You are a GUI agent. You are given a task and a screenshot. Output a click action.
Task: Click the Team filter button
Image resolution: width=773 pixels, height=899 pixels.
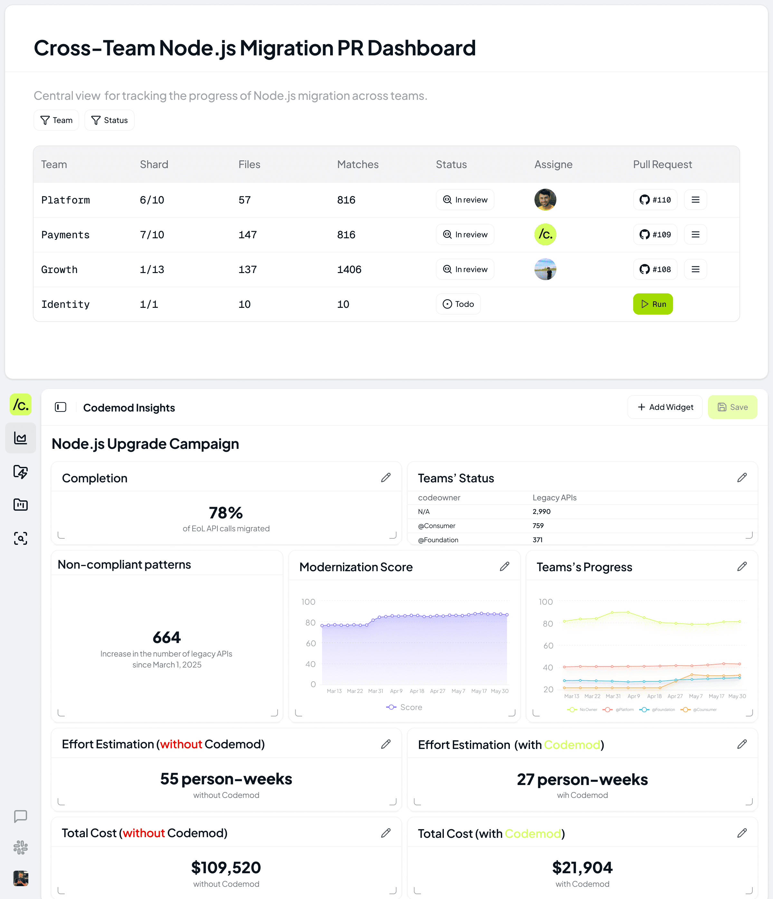[56, 120]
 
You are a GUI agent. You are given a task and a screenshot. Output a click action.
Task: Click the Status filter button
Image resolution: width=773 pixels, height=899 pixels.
[110, 120]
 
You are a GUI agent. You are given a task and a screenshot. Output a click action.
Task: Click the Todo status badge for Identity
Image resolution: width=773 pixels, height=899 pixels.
[458, 304]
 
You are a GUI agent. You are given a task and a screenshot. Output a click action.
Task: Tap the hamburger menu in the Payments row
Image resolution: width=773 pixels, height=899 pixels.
[695, 235]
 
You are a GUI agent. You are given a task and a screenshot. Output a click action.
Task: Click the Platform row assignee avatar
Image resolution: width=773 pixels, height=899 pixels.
[545, 200]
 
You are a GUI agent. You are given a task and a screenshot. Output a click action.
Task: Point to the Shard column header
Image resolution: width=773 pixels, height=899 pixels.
[154, 165]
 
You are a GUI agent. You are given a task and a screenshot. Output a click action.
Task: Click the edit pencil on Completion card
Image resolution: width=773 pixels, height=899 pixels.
[386, 478]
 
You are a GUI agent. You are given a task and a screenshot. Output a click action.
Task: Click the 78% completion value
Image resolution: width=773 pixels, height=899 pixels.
[226, 513]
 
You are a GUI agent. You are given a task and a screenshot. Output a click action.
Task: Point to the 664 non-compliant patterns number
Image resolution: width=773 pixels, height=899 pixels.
[167, 637]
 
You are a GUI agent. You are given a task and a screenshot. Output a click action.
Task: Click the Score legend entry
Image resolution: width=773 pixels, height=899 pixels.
[405, 707]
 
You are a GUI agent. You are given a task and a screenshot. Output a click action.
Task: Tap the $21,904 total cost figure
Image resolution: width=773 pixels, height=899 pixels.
[582, 868]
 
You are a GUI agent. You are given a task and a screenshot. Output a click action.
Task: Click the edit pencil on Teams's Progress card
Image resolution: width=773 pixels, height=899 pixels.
[742, 567]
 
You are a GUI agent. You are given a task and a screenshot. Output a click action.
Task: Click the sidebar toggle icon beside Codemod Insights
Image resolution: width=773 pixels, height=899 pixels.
[61, 407]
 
